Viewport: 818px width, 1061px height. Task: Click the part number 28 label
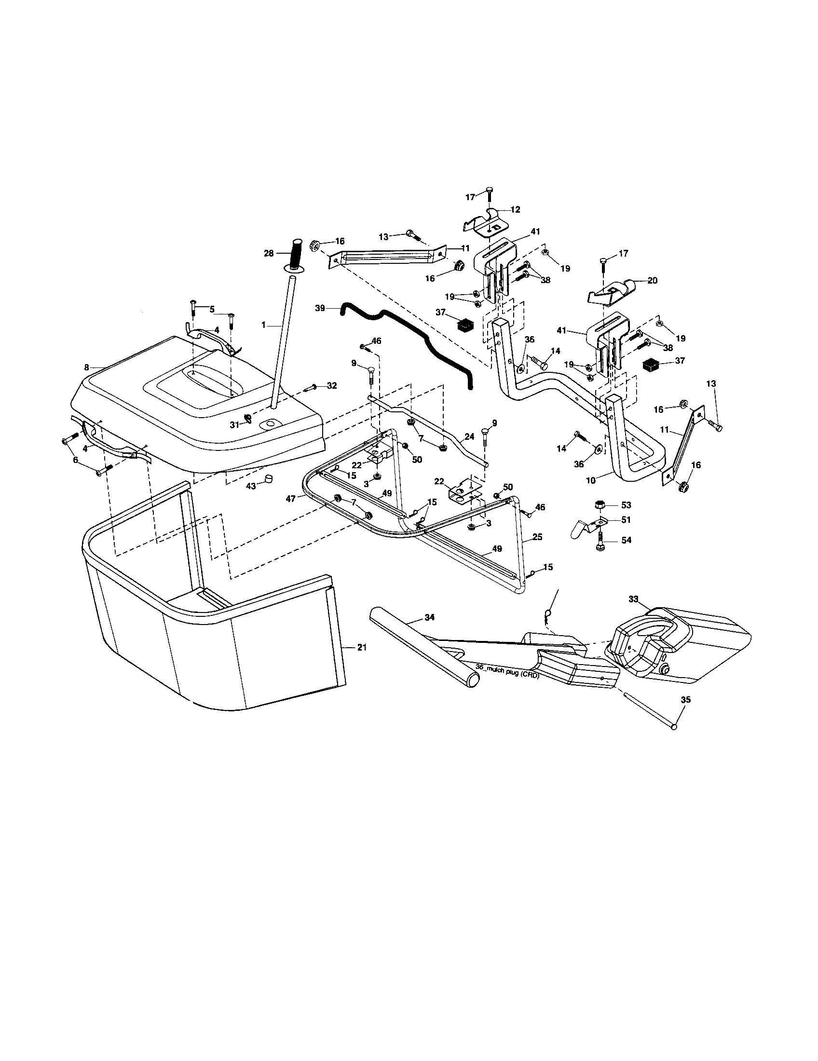coord(268,253)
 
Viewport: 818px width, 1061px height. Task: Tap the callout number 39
coord(319,308)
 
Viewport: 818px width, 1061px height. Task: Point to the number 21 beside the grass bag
coord(362,648)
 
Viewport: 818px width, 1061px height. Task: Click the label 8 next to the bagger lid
coord(86,368)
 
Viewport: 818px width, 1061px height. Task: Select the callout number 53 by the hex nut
coord(626,505)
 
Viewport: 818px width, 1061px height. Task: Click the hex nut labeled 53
coord(599,505)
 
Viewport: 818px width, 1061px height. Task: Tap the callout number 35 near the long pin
coord(685,700)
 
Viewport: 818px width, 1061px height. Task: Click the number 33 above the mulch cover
coord(633,599)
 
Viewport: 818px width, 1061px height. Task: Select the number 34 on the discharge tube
coord(429,617)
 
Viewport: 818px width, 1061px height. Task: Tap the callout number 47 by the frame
coord(291,498)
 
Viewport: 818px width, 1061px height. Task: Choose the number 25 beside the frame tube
coord(537,537)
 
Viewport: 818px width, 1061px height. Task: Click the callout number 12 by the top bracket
coord(515,209)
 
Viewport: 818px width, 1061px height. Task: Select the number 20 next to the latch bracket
coord(653,280)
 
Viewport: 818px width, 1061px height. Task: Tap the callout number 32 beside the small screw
coord(332,386)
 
